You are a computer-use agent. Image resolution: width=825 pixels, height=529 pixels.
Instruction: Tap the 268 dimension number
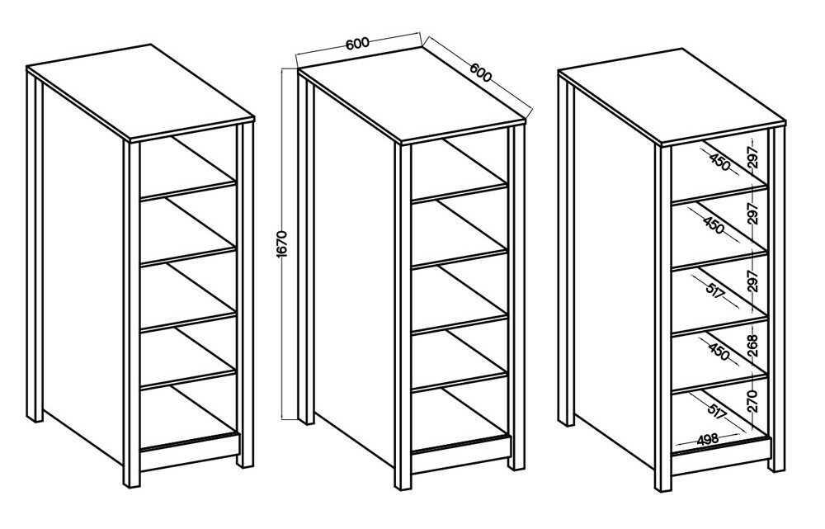[x=754, y=346]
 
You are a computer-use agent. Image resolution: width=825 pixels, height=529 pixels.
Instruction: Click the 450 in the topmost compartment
[x=719, y=162]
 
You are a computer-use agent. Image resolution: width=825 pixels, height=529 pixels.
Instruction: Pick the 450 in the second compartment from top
[x=713, y=224]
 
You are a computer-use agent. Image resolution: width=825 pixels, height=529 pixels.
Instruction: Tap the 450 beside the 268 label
[x=719, y=352]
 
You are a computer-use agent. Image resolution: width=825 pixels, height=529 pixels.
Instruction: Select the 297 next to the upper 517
[x=754, y=281]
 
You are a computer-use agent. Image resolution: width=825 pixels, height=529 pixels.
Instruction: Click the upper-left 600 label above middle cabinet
[x=357, y=44]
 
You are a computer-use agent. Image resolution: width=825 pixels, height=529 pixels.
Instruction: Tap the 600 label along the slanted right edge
[x=480, y=73]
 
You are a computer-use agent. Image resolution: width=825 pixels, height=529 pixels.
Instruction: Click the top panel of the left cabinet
[x=140, y=92]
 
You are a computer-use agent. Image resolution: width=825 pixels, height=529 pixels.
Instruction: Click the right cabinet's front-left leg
[x=663, y=316]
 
